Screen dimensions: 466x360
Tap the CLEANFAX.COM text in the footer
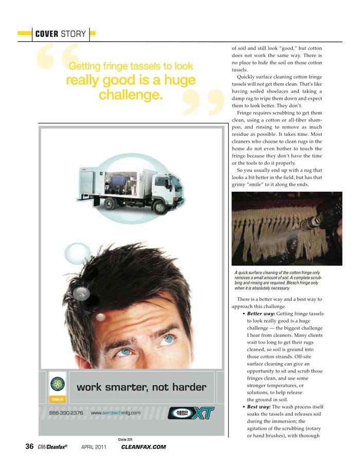point(143,447)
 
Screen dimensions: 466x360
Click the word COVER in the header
point(46,34)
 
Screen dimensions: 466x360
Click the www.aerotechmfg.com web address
point(116,413)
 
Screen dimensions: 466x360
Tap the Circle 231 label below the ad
point(125,439)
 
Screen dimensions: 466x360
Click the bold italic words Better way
point(261,313)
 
